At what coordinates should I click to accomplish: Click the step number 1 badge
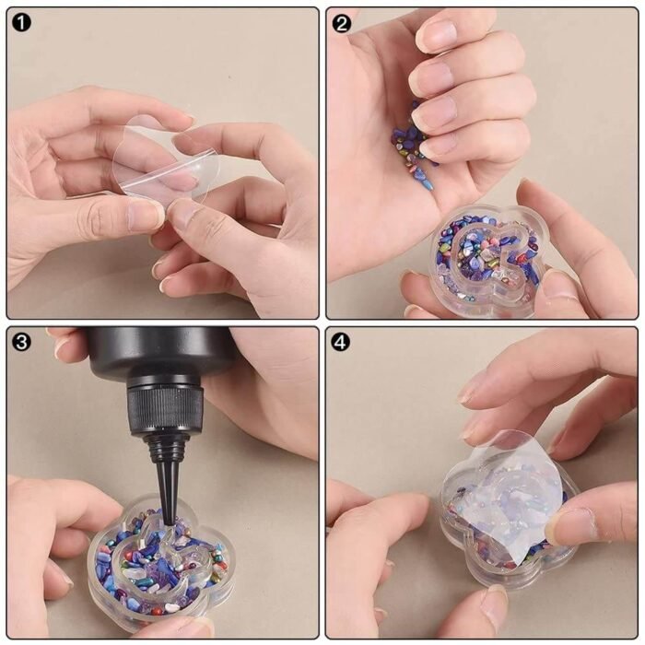[x=21, y=22]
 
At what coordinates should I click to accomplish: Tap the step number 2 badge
[x=341, y=23]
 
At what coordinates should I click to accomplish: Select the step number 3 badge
[x=21, y=342]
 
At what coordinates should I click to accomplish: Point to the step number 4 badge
[x=341, y=342]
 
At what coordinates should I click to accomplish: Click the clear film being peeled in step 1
[x=165, y=161]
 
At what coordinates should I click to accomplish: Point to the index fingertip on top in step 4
[x=473, y=389]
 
